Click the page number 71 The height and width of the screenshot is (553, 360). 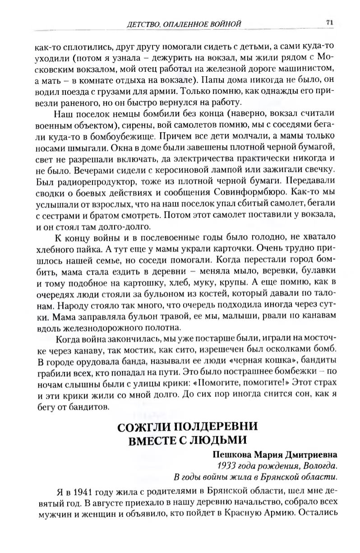(329, 22)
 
